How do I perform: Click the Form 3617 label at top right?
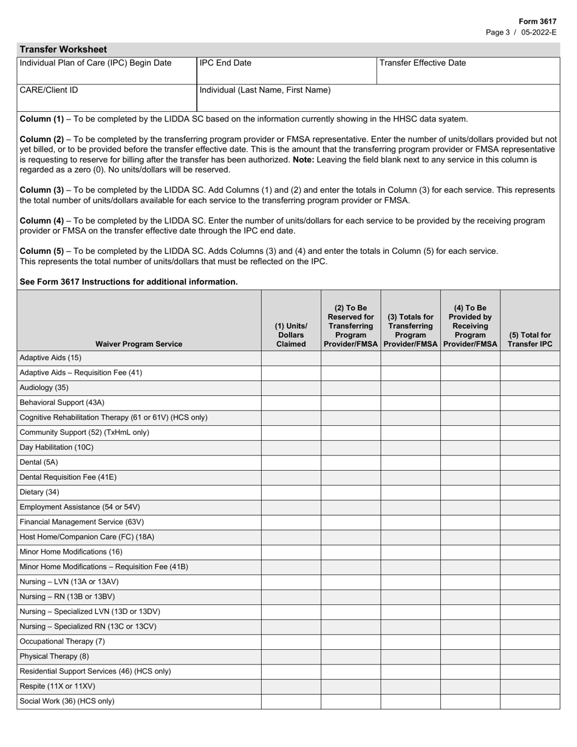point(537,21)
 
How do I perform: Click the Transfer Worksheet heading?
point(63,50)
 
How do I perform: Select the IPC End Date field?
point(287,71)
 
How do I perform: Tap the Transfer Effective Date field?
point(468,71)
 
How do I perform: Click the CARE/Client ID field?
point(107,98)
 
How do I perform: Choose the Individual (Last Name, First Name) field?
point(379,98)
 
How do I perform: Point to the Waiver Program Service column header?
point(138,344)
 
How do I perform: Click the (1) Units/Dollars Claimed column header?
point(291,335)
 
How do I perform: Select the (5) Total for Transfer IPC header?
point(530,339)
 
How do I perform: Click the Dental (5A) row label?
point(39,462)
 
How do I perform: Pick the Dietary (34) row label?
point(39,492)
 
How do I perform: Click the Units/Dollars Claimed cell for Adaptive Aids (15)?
point(291,358)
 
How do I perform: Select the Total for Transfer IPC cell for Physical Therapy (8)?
point(530,657)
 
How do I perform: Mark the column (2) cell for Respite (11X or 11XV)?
point(350,686)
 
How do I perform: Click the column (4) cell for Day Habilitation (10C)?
point(470,447)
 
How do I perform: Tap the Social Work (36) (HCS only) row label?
point(67,701)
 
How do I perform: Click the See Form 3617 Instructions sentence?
point(129,282)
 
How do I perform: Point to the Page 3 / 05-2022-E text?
point(521,32)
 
